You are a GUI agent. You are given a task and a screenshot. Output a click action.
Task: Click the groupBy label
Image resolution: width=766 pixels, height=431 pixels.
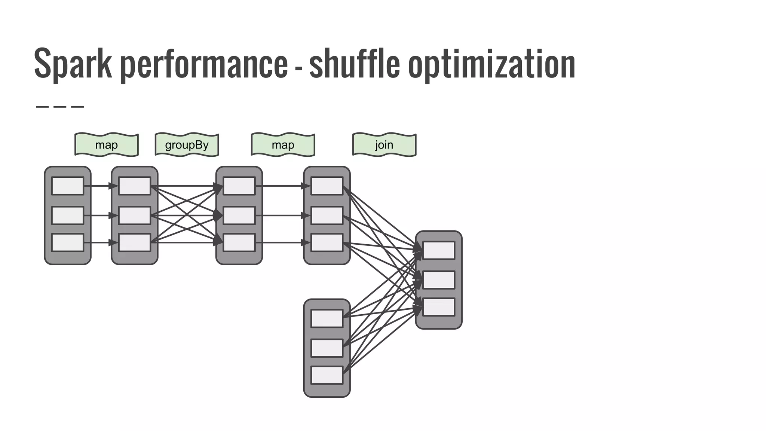tap(187, 145)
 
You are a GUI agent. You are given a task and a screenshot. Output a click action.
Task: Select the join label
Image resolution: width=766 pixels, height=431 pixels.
tap(384, 145)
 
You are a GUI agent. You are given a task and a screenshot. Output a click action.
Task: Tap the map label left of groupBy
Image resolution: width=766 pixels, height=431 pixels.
tap(107, 145)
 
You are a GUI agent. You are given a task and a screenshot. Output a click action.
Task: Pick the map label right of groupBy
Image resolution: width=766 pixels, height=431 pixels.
tap(283, 145)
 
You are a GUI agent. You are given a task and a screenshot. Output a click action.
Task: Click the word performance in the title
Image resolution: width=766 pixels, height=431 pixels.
tap(204, 64)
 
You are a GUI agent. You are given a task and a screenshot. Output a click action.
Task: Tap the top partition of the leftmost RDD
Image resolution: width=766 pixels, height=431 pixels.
tap(68, 186)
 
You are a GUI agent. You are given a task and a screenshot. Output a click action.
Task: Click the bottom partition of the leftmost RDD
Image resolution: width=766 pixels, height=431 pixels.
tap(68, 242)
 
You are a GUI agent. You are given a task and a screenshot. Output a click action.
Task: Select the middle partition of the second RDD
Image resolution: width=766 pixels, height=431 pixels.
tap(135, 215)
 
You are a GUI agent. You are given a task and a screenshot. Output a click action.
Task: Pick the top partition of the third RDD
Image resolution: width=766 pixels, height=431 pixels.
tap(239, 186)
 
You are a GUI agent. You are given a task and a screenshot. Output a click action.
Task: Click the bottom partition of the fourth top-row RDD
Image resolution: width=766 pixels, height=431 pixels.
tap(327, 242)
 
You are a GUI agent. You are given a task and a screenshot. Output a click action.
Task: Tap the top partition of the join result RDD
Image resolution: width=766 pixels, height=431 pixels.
tap(439, 250)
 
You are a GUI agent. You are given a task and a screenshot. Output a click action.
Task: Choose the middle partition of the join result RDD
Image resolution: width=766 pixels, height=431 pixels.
tap(439, 280)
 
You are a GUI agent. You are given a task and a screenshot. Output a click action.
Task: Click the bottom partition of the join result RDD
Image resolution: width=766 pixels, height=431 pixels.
tap(439, 307)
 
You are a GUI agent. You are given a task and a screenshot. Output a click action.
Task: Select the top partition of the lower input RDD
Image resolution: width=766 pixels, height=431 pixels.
tap(327, 318)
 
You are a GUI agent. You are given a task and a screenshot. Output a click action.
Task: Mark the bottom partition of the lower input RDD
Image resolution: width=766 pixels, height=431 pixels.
tap(327, 375)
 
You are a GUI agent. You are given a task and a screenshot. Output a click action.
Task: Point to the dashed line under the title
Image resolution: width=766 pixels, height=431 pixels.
tap(60, 107)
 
